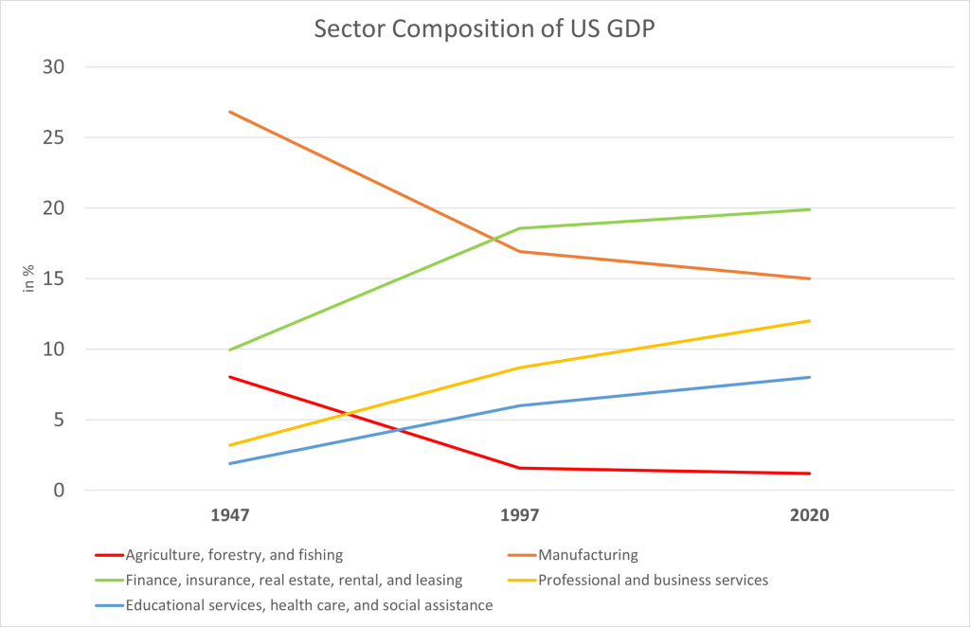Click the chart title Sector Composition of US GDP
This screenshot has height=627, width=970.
[484, 28]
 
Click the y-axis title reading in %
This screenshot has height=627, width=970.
[30, 278]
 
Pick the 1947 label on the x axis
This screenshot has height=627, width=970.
[230, 516]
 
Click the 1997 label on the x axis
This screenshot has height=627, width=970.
[519, 516]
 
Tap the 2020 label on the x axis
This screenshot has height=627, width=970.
[809, 516]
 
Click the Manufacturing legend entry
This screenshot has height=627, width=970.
[587, 555]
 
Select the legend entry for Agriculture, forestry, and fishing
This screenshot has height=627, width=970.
[233, 555]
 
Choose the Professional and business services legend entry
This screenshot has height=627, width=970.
[653, 580]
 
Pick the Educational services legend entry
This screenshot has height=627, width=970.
[309, 605]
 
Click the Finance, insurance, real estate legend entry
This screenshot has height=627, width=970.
[294, 580]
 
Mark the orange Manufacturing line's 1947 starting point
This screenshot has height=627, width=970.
[230, 112]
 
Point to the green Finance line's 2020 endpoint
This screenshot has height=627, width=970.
[809, 209]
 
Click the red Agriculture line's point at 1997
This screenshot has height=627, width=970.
[519, 468]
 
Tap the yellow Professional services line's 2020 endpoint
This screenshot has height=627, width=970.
[809, 321]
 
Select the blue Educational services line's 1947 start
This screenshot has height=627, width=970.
[230, 463]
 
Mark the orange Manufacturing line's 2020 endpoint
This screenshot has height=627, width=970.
[809, 278]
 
